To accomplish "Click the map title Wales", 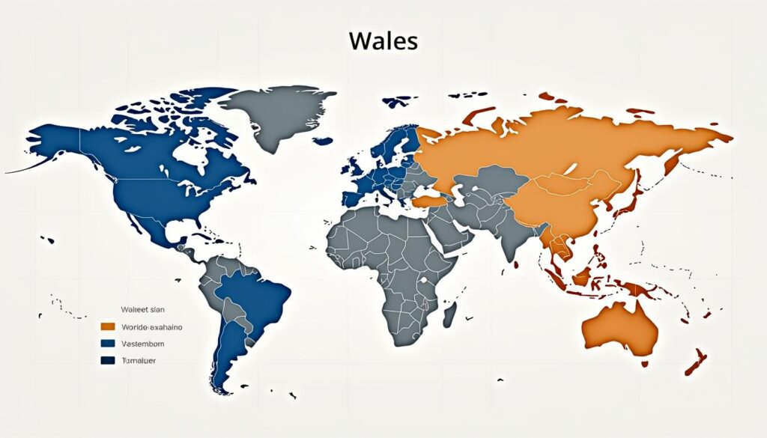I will [383, 41].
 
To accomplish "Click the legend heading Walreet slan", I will [142, 308].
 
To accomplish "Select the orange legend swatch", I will [107, 326].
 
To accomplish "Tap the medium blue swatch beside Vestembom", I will [107, 344].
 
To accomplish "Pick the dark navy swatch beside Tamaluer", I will [107, 360].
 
